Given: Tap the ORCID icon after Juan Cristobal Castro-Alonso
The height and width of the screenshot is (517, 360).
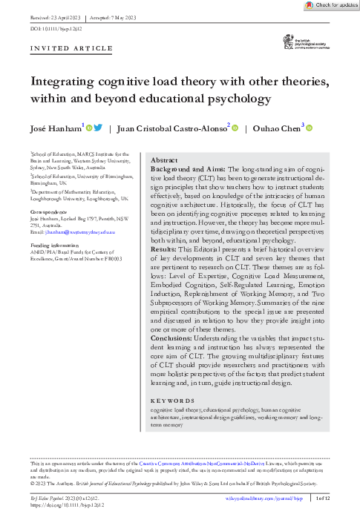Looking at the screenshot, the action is point(235,128).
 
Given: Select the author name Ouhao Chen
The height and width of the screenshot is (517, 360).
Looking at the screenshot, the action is point(275,128).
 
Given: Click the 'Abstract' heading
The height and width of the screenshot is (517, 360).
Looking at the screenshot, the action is point(164,160).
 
